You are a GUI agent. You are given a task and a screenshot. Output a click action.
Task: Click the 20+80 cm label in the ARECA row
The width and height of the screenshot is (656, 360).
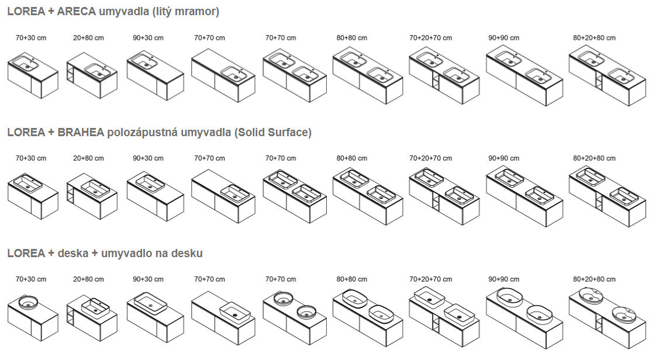pos(88,38)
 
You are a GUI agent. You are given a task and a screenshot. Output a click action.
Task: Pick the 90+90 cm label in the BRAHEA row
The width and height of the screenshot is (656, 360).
pos(503,158)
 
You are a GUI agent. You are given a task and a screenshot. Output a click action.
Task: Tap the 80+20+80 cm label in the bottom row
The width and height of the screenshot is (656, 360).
pos(594,279)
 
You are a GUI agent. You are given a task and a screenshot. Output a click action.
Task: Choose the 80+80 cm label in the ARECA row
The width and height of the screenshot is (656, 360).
pos(351,38)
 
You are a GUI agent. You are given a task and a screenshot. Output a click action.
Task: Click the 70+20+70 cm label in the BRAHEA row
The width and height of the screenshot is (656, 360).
pos(430,158)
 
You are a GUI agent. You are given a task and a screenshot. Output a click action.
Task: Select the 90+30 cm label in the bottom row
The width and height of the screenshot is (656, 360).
pos(148,279)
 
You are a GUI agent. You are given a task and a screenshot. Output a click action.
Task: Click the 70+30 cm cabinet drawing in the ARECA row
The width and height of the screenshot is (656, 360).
pos(33,76)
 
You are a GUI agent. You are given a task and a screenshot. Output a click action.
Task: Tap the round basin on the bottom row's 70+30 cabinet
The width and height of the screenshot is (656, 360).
pos(27,303)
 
